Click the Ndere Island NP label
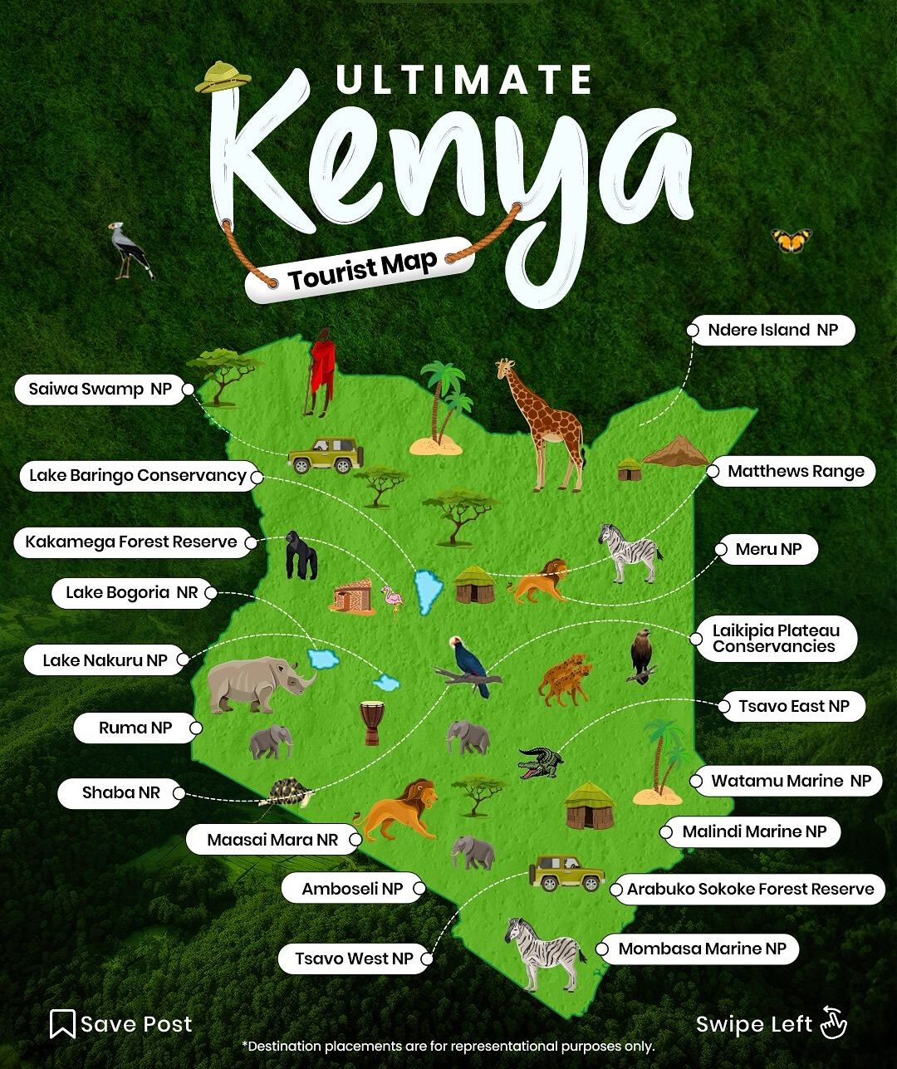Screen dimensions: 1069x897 click(x=772, y=330)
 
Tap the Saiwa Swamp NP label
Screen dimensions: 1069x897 click(x=100, y=389)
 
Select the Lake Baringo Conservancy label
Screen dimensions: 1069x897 click(x=138, y=475)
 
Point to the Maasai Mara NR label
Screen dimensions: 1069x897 click(x=272, y=840)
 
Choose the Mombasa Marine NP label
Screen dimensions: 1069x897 click(x=702, y=949)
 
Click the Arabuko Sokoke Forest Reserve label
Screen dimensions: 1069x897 click(x=750, y=889)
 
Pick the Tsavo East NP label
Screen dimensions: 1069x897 click(x=793, y=706)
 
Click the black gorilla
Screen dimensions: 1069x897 click(x=301, y=555)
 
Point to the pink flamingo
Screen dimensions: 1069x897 click(x=391, y=597)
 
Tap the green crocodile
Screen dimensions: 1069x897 click(x=541, y=762)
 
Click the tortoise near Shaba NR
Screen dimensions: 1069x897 click(x=287, y=791)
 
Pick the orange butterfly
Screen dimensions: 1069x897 click(x=791, y=241)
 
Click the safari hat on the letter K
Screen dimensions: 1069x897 click(x=223, y=76)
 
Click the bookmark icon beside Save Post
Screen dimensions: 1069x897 click(x=62, y=1024)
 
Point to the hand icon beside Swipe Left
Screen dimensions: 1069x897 click(x=832, y=1022)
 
